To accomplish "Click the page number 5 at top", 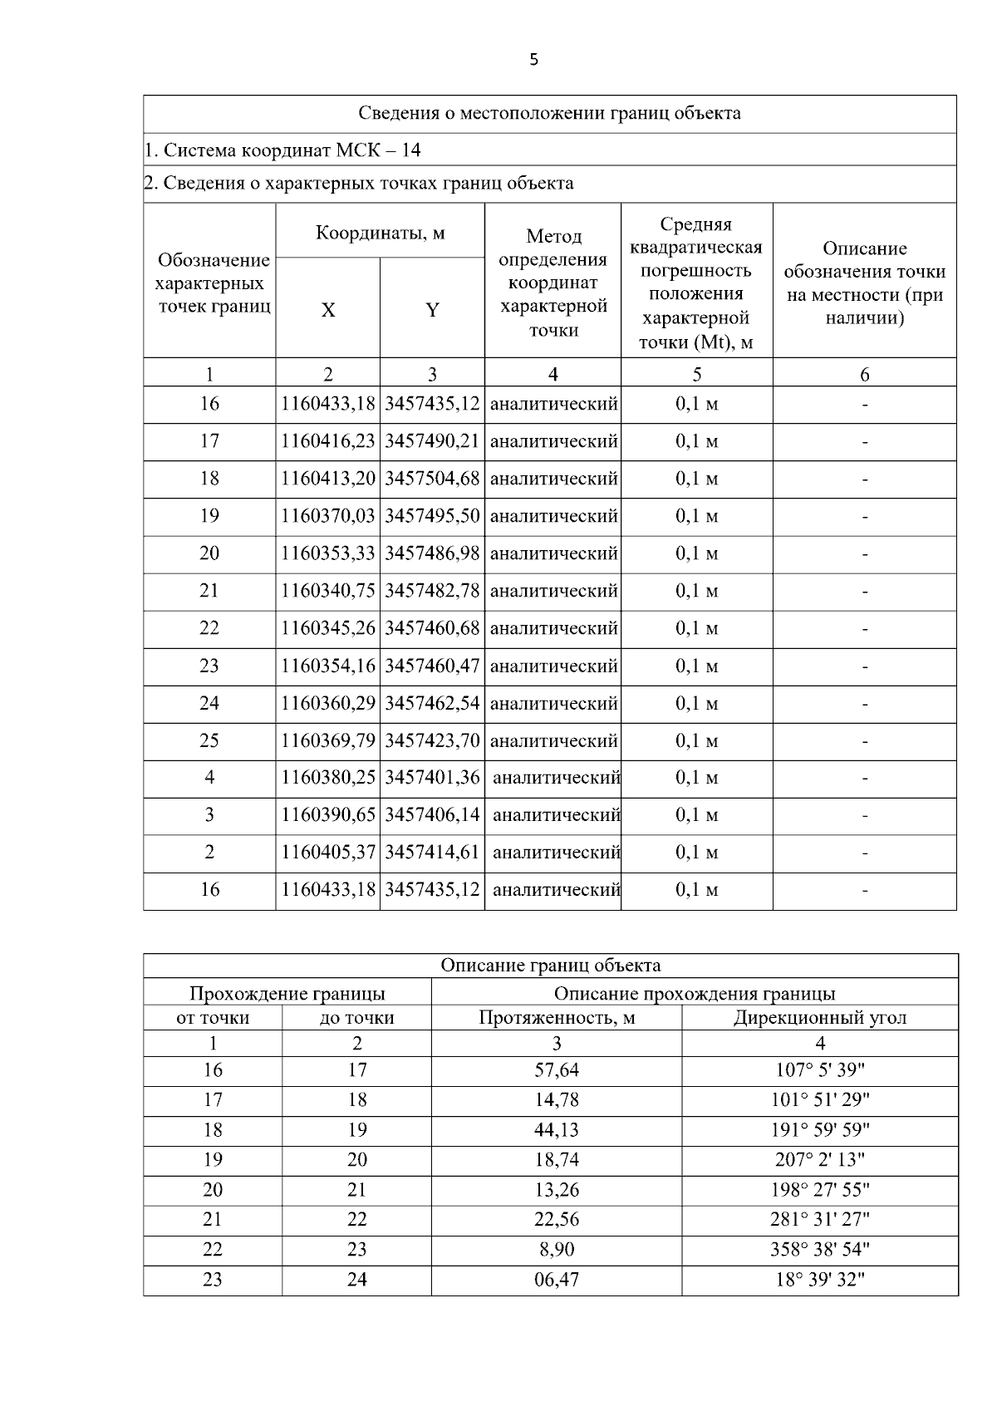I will pyautogui.click(x=533, y=59).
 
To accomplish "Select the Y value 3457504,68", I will pyautogui.click(x=432, y=479).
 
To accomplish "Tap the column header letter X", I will pyautogui.click(x=328, y=310).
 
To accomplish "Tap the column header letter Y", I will pyautogui.click(x=432, y=310).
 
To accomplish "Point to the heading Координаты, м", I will pyautogui.click(x=380, y=233).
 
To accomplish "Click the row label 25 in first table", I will pyautogui.click(x=209, y=740).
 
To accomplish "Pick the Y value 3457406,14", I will pyautogui.click(x=432, y=815).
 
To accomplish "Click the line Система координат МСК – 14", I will pyautogui.click(x=282, y=150).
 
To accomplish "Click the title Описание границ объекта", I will pyautogui.click(x=550, y=965).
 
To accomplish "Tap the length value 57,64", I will pyautogui.click(x=556, y=1070).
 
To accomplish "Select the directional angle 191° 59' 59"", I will pyautogui.click(x=819, y=1130).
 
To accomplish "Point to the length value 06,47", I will pyautogui.click(x=556, y=1280).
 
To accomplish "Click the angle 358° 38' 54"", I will pyautogui.click(x=819, y=1250).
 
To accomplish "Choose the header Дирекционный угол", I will pyautogui.click(x=819, y=1017).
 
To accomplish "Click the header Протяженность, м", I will pyautogui.click(x=556, y=1017).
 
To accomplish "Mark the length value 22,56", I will pyautogui.click(x=556, y=1220).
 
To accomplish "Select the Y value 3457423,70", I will pyautogui.click(x=432, y=740).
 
